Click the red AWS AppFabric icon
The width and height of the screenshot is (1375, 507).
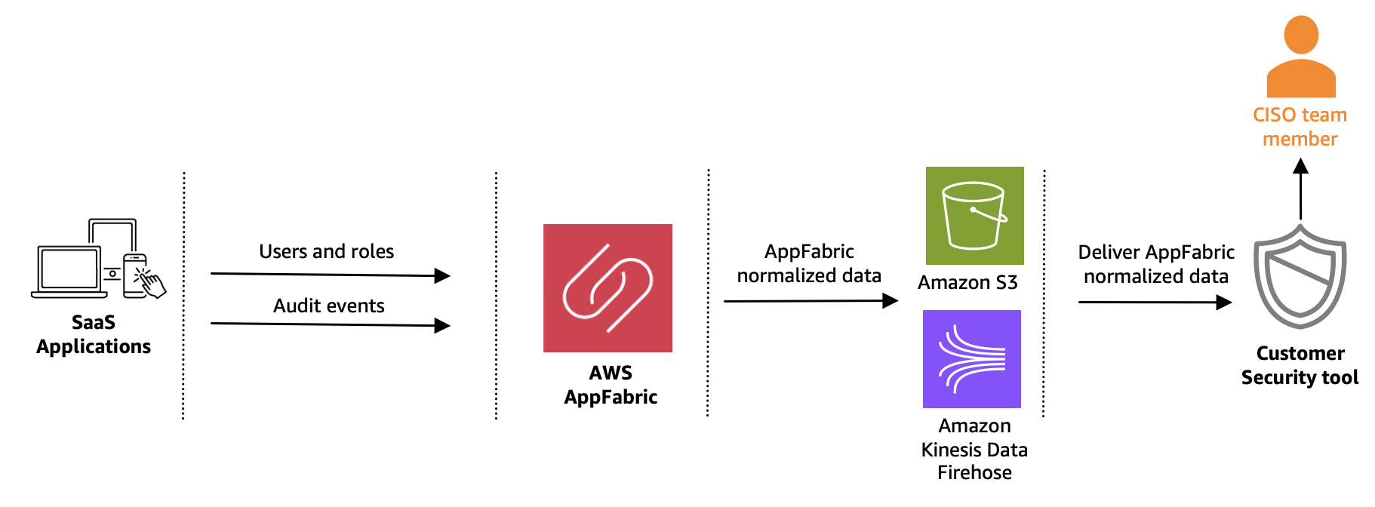[608, 287]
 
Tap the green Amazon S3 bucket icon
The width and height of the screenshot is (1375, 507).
[974, 216]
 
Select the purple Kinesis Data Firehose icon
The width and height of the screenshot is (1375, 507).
[971, 359]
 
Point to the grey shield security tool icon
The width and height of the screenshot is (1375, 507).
[1300, 278]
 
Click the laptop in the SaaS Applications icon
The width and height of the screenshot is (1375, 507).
[68, 271]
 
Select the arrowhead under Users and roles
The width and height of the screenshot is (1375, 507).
[443, 276]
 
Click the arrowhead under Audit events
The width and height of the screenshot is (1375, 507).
[443, 326]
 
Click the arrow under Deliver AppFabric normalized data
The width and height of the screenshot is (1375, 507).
[1155, 302]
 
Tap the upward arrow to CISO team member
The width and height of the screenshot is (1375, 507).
[1300, 189]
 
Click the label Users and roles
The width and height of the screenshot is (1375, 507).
[326, 251]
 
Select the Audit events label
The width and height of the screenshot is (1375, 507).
[328, 306]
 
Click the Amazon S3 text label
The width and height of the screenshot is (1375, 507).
[967, 282]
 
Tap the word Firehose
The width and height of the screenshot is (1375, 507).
[974, 472]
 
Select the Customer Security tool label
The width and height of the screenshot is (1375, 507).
[1300, 365]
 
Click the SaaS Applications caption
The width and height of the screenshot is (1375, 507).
[94, 334]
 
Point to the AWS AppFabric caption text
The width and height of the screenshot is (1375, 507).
[611, 385]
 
